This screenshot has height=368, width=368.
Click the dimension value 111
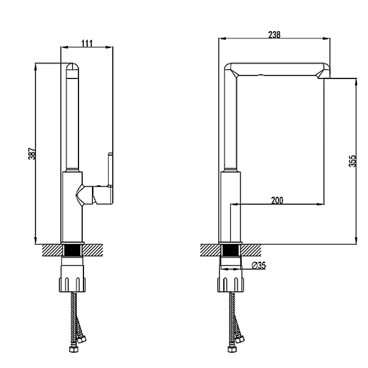point(87,43)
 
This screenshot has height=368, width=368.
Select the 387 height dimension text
point(32,154)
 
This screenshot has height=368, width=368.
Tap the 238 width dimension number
point(274,35)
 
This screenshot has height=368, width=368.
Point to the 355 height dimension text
point(353,161)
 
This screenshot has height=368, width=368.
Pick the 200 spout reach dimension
point(277,201)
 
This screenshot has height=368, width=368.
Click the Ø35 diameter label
point(259,266)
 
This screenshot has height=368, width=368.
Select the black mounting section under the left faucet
point(72,250)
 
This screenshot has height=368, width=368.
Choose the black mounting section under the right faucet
point(231,250)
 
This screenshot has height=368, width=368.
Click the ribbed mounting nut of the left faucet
point(72,285)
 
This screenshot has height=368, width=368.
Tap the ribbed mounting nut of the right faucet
point(231,285)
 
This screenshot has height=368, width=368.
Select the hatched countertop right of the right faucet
point(250,250)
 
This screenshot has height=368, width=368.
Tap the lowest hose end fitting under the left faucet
point(74,350)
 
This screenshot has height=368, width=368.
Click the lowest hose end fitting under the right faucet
point(232,350)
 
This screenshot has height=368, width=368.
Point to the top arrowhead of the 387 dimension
point(36,67)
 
